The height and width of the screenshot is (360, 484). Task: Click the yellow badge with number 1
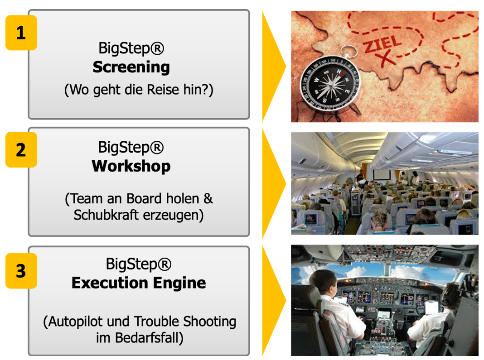pos(21,33)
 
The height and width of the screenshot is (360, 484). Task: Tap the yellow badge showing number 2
pos(21,150)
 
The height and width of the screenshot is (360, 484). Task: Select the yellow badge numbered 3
pos(21,271)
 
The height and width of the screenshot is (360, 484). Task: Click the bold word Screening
pos(131,67)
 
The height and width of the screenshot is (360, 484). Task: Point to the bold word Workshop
pos(131,166)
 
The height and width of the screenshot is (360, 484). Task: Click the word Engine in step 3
pos(179,283)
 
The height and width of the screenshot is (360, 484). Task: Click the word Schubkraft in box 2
pos(106,215)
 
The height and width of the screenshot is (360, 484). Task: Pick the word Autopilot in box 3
pos(76,322)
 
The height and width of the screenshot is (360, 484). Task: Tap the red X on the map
pos(386,58)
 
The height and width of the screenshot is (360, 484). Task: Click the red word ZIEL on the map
pos(382,44)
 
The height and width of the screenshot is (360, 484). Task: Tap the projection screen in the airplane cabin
pos(382,174)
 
